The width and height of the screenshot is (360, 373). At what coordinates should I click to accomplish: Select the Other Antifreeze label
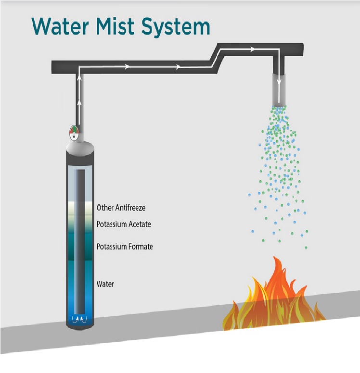click(121, 208)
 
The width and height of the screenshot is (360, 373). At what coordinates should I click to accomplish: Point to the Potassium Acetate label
click(124, 224)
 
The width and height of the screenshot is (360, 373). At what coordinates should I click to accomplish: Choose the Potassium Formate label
click(125, 247)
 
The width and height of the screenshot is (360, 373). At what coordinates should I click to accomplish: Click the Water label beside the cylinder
click(105, 284)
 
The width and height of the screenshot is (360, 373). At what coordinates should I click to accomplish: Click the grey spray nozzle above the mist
click(279, 89)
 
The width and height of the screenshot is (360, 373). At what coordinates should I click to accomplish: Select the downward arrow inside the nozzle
click(279, 77)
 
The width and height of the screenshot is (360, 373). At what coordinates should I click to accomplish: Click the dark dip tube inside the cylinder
click(80, 240)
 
